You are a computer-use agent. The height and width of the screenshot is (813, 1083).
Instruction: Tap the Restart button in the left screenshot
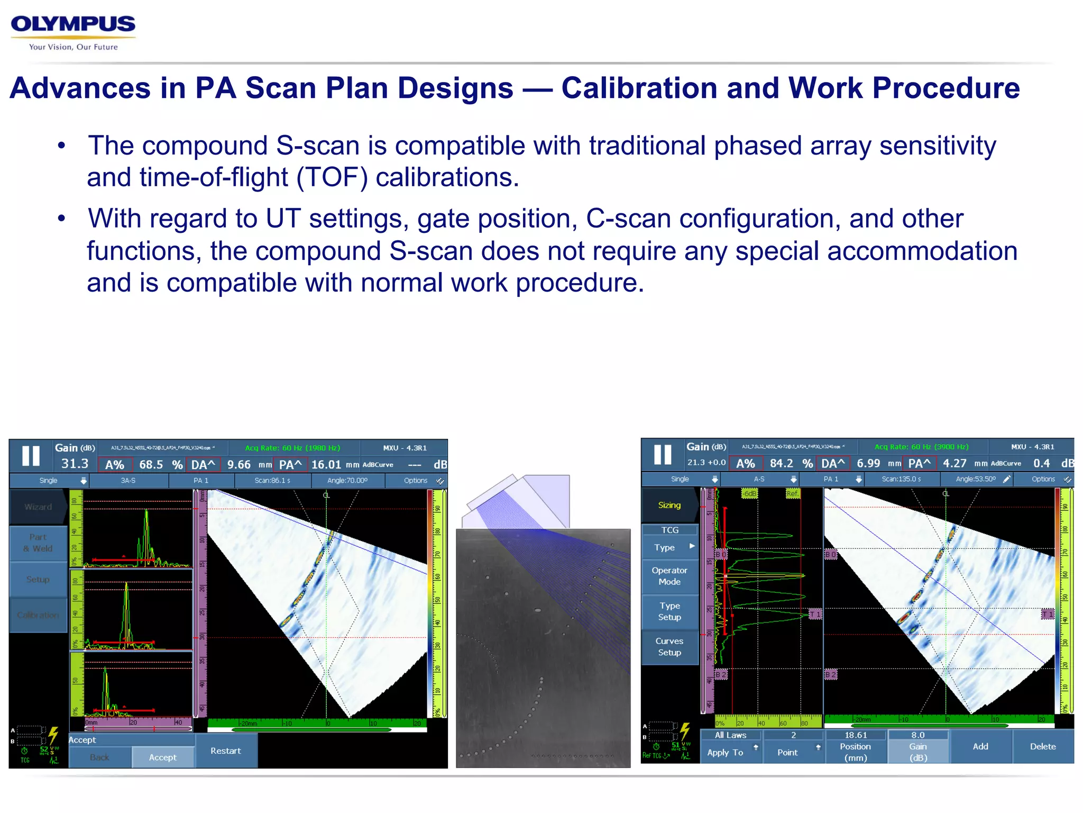tap(225, 751)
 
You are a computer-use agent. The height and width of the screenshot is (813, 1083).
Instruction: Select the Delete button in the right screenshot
tap(1042, 746)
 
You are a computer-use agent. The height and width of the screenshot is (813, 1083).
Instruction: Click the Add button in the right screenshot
tap(980, 746)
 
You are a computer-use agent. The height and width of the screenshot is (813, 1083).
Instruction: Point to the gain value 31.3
tap(75, 464)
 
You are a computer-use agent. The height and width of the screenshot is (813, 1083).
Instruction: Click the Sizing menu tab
tap(669, 505)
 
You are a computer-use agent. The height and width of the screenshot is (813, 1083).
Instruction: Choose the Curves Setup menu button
tap(669, 647)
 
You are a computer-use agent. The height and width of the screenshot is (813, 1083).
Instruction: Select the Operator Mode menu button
tap(669, 576)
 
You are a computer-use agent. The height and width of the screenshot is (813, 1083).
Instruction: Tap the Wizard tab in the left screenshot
tap(38, 507)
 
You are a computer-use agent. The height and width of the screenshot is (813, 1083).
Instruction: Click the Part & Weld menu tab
tap(38, 543)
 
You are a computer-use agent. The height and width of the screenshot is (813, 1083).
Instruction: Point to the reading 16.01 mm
tap(326, 465)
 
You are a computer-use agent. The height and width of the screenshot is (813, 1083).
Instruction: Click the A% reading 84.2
tap(781, 463)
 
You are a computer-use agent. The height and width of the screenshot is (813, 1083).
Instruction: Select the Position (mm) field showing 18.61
tap(855, 746)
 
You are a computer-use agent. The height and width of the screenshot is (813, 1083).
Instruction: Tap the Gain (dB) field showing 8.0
tap(917, 746)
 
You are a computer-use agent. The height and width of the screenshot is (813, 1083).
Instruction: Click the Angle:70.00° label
tap(347, 481)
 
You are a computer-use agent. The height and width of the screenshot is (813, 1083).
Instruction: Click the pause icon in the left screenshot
tap(31, 456)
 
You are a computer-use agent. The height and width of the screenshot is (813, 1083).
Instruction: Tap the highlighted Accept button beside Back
tap(162, 757)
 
